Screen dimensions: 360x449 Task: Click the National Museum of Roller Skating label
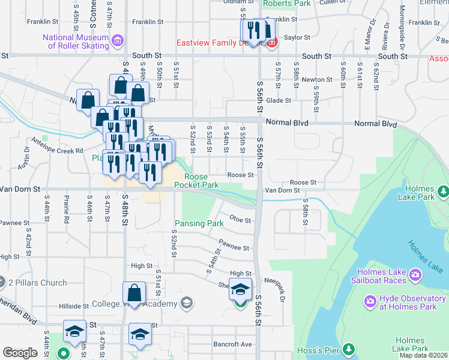[76, 41]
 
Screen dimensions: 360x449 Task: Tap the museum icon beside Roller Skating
[118, 41]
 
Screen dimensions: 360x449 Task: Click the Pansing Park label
[199, 224]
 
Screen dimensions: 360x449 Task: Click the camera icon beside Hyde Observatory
[370, 300]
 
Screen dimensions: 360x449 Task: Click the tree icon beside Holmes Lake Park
[444, 191]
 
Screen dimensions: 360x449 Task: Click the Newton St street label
[317, 79]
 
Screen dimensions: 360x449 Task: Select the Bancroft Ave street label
[234, 344]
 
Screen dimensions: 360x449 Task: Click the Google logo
[20, 353]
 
